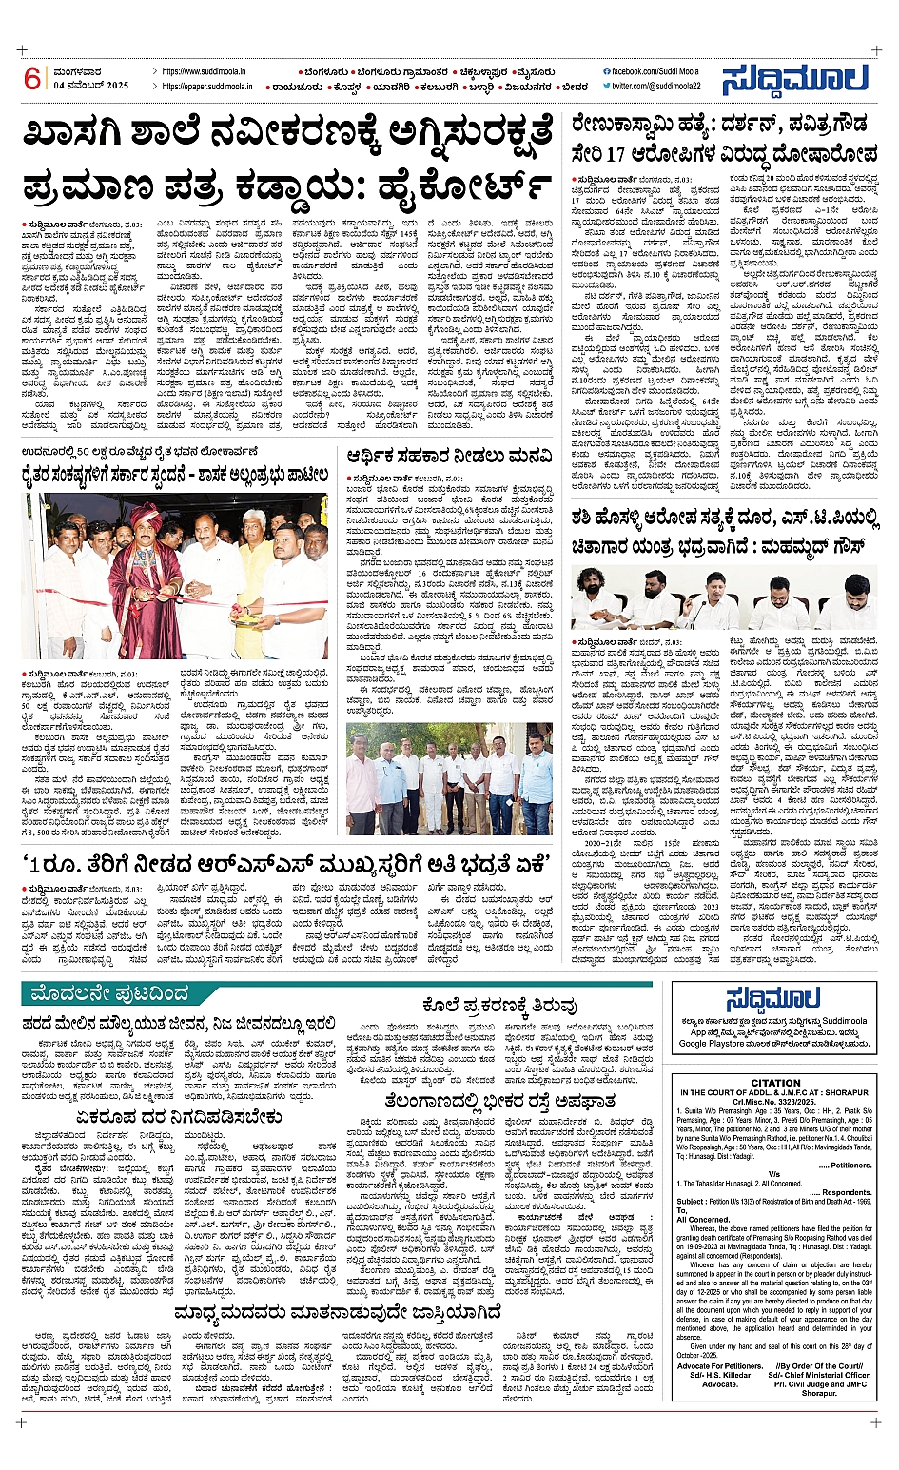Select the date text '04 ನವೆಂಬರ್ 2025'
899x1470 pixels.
pyautogui.click(x=90, y=87)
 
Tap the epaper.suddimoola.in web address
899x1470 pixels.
pyautogui.click(x=207, y=87)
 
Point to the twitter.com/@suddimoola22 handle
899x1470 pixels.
pyautogui.click(x=656, y=87)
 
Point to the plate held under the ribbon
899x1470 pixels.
pyautogui.click(x=225, y=618)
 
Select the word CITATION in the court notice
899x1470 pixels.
pyautogui.click(x=775, y=1084)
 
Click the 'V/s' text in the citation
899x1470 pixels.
pyautogui.click(x=775, y=1174)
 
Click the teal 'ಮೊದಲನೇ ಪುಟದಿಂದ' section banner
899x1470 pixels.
pyautogui.click(x=110, y=994)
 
